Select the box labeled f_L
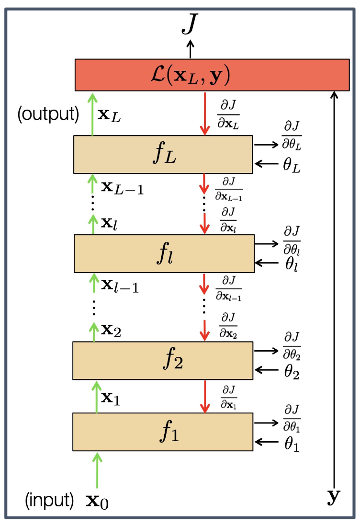point(163,154)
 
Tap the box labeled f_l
point(163,253)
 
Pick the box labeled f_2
point(163,360)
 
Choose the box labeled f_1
point(163,432)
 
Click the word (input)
point(50,501)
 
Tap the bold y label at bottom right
point(333,499)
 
